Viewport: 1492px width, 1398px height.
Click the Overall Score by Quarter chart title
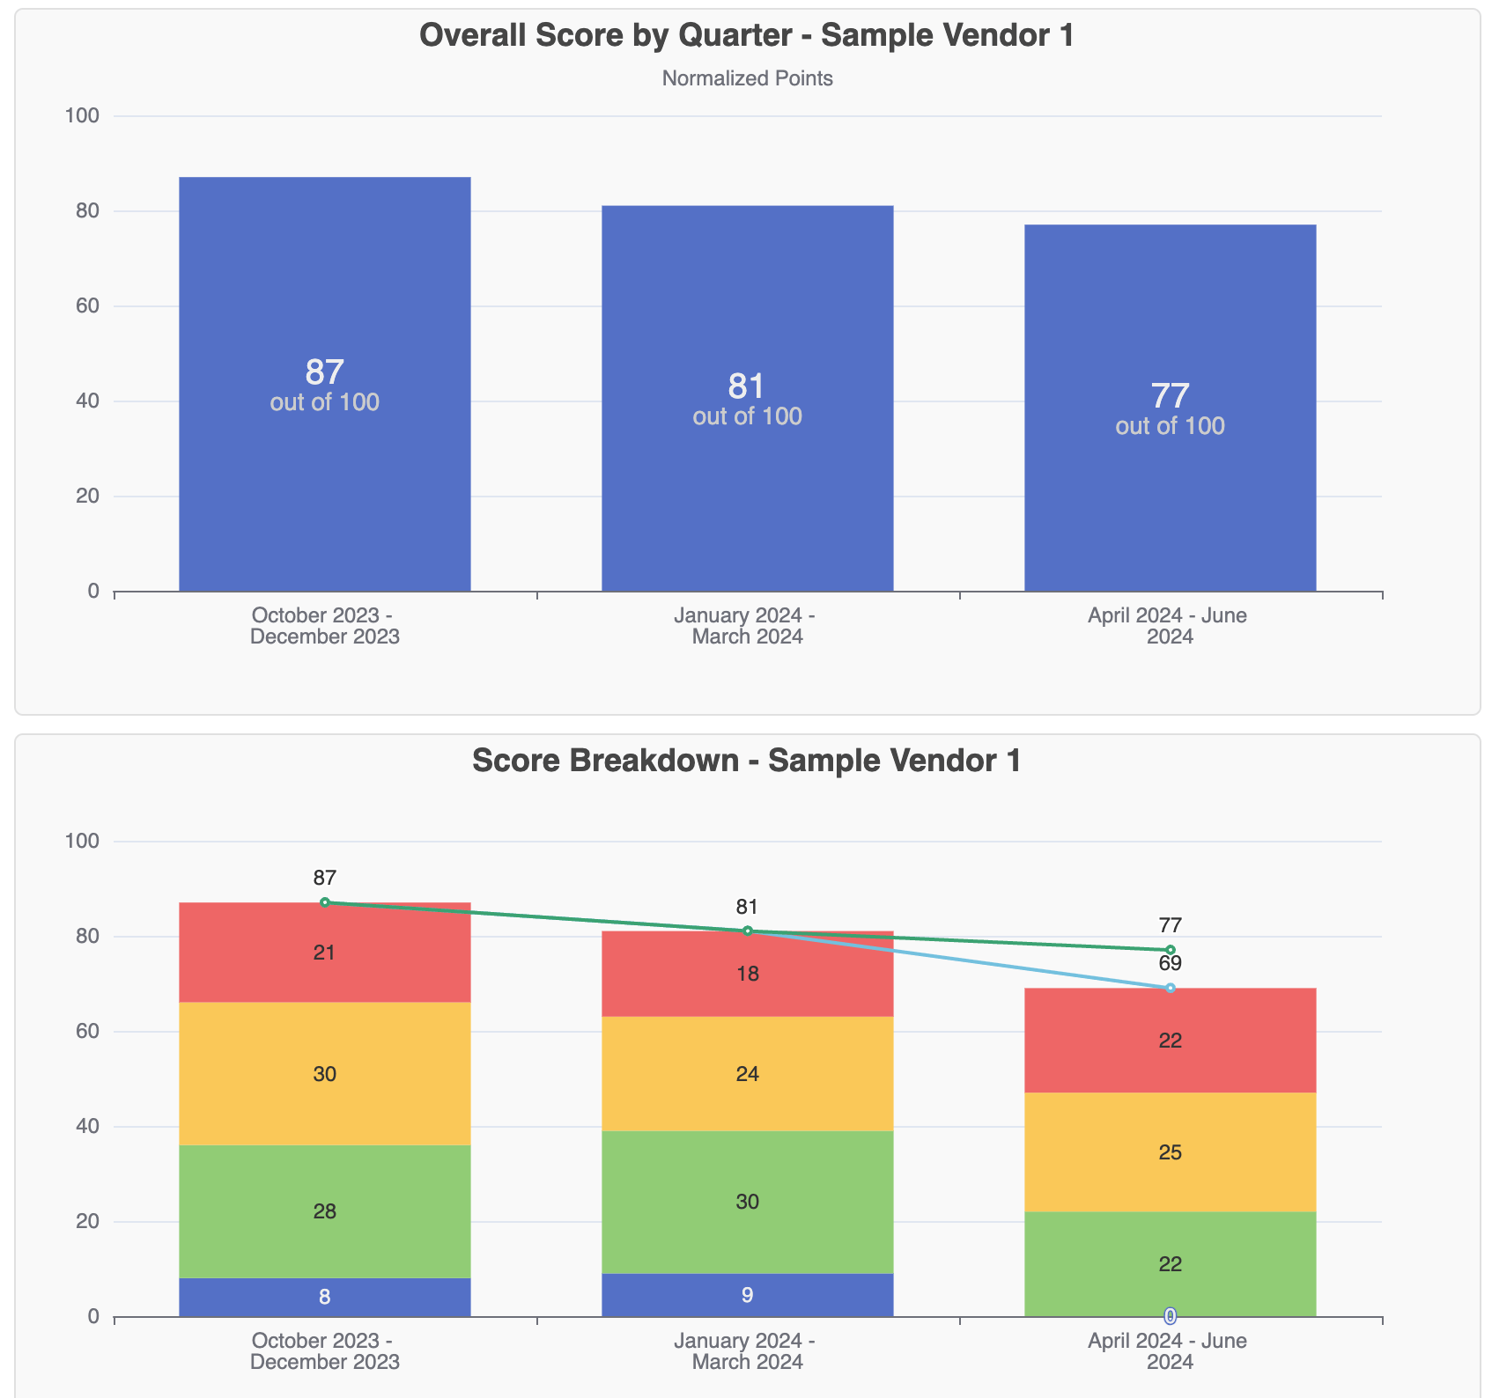coord(746,36)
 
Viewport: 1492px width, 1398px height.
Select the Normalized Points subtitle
coord(747,78)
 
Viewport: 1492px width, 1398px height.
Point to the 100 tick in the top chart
coord(82,115)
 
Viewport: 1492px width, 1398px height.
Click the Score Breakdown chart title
coord(746,761)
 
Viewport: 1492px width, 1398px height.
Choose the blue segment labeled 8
coord(324,1297)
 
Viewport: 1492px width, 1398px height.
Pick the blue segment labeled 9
coord(747,1295)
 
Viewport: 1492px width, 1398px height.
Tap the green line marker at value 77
coord(1170,950)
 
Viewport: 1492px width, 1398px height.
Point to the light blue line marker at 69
coord(1170,988)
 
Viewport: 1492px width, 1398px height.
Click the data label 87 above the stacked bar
coord(324,878)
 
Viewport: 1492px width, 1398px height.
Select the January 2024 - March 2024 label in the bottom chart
coord(747,1351)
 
